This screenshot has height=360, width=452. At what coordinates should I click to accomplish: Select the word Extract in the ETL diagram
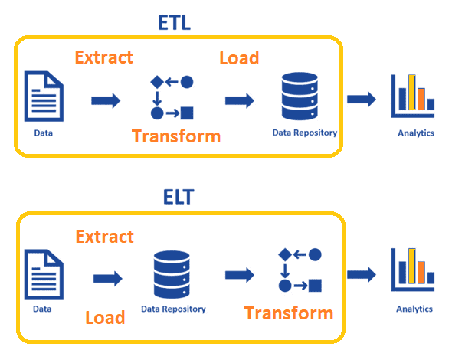coord(103,57)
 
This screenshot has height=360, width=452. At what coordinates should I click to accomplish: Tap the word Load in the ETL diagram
coord(239,57)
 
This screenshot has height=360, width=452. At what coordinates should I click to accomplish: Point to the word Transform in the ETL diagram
coord(176,136)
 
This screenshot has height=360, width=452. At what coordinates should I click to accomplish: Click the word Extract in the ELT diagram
coord(105,237)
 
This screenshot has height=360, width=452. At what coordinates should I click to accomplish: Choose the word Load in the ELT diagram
coord(105,317)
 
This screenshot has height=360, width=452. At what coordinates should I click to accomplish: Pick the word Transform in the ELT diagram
coord(289,313)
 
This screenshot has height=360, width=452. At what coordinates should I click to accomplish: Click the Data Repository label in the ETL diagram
coord(304,133)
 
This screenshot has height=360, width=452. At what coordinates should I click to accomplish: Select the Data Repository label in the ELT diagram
coord(173,309)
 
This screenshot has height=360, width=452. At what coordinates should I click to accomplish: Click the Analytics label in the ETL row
coord(415,133)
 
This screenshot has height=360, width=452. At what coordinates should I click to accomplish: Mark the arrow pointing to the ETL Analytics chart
coord(362,100)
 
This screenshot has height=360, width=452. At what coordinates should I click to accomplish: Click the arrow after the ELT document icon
coord(107,277)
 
